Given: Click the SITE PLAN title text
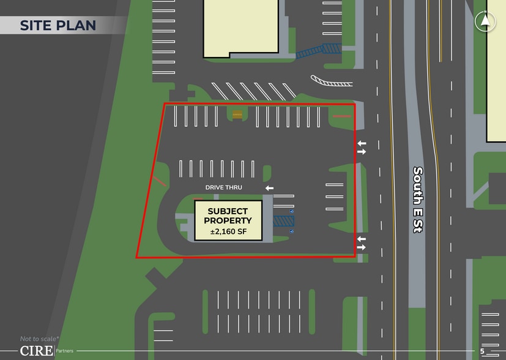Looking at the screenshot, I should click(x=58, y=25).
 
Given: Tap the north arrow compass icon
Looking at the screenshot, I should click(x=485, y=21).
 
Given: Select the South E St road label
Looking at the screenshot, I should click(x=419, y=199).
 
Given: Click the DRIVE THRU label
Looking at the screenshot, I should click(x=224, y=187).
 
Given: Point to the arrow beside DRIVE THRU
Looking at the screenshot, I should click(x=269, y=188).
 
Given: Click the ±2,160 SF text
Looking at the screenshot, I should click(x=228, y=232).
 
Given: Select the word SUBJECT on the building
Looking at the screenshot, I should click(x=228, y=211).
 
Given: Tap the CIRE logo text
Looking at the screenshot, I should click(x=36, y=351).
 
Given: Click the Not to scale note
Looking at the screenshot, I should click(x=40, y=339).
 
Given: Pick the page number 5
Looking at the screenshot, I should click(x=482, y=351).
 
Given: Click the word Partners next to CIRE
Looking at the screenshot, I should click(x=65, y=351).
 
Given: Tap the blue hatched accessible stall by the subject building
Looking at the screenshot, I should click(x=283, y=221).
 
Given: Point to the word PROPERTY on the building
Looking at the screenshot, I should click(x=228, y=221).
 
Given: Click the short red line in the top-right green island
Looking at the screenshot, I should click(x=341, y=115).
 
